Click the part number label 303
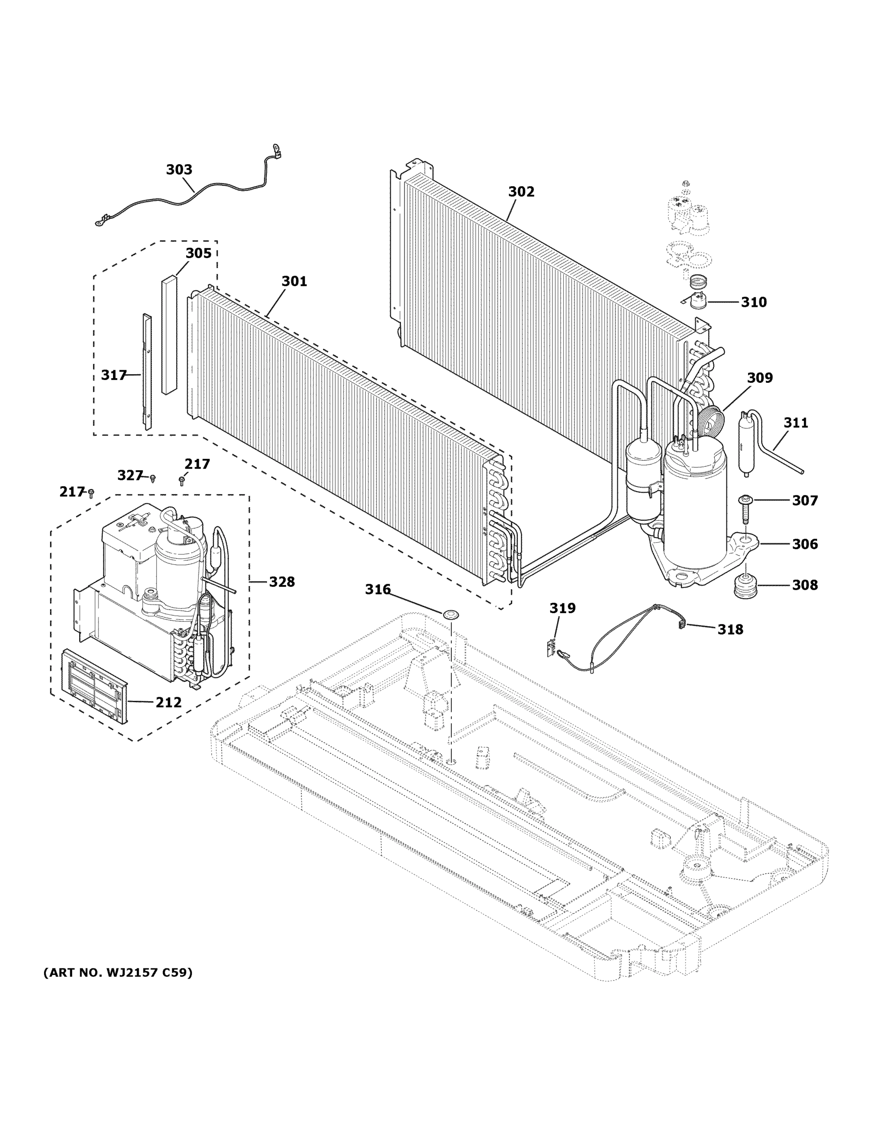tap(179, 170)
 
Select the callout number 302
tap(521, 191)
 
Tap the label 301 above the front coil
tap(294, 281)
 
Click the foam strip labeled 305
tap(169, 335)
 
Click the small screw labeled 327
tap(152, 479)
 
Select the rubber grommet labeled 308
tap(746, 585)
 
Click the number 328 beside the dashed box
tap(281, 582)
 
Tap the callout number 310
tap(754, 302)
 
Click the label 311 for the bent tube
tap(796, 423)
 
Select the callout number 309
tap(760, 378)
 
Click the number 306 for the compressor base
tap(804, 544)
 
